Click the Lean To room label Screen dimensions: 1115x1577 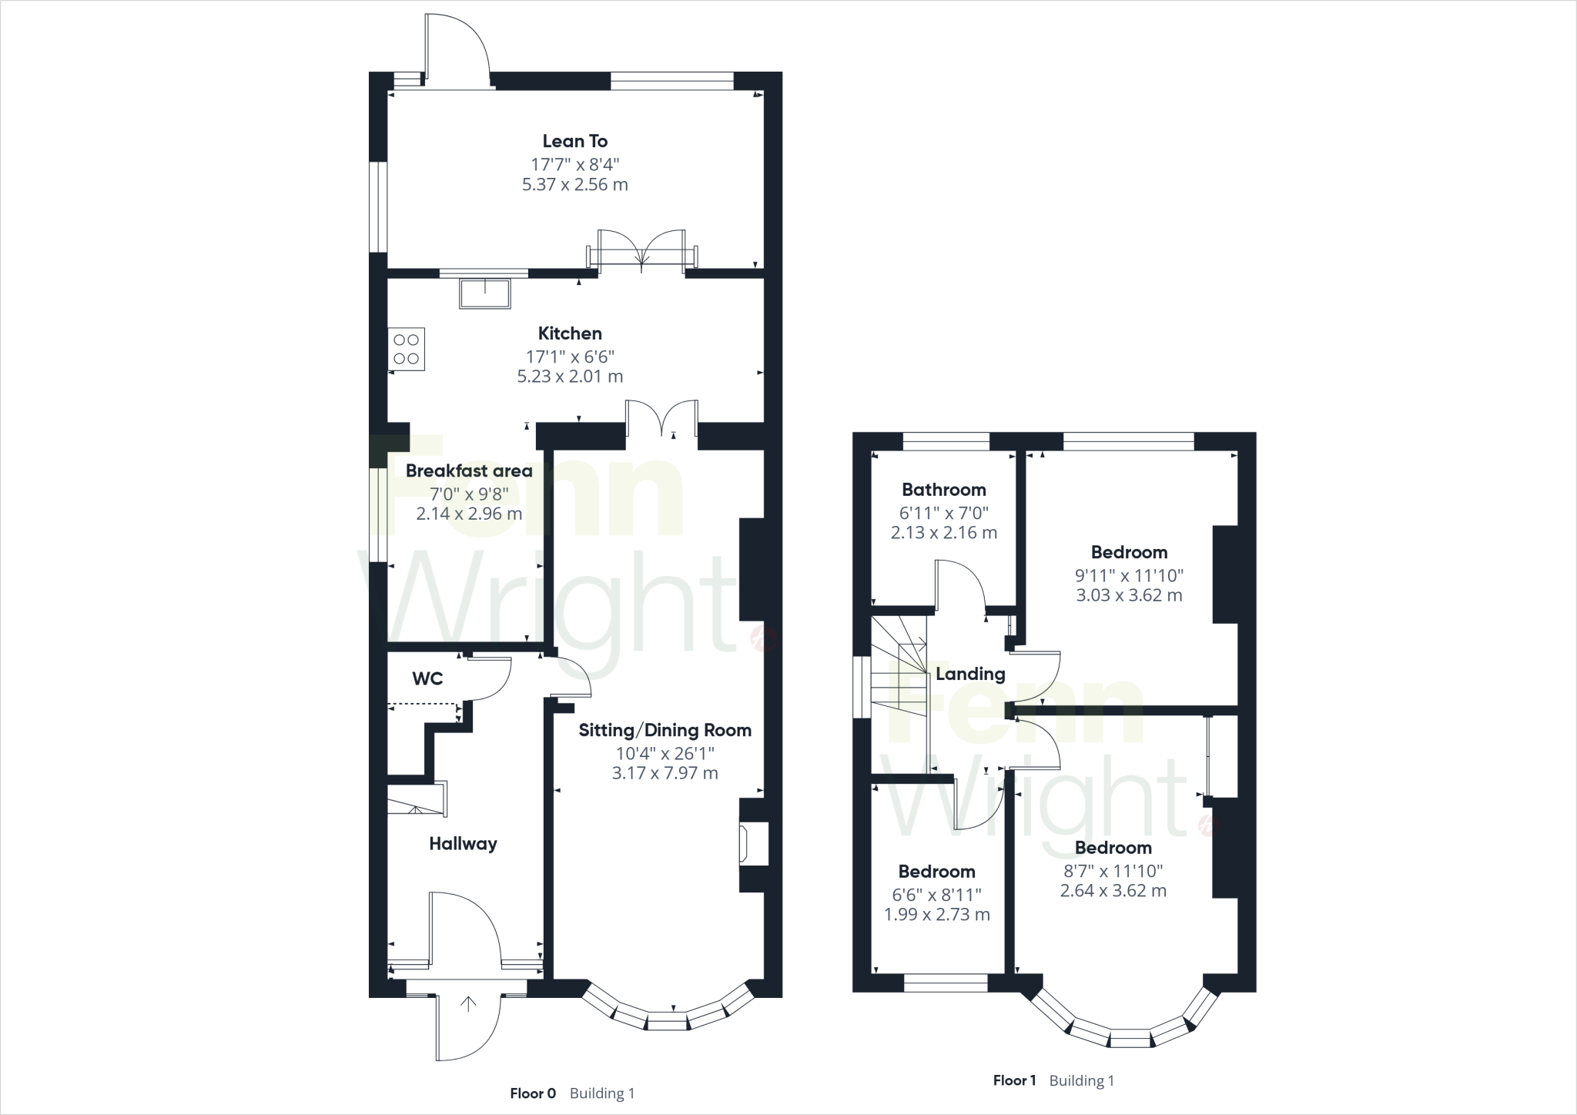coord(574,141)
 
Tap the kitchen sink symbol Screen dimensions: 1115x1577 coord(485,293)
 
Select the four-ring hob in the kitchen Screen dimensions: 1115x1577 coord(407,350)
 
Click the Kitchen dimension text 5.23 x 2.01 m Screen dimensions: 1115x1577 coord(570,377)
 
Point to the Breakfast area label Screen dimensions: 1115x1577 coord(469,470)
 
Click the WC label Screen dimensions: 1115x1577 coord(427,678)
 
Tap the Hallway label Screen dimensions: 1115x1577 coord(463,844)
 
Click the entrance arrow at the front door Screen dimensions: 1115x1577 coord(468,1004)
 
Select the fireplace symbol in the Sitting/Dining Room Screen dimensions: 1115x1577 coord(745,844)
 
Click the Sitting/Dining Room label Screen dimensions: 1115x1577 coord(665,730)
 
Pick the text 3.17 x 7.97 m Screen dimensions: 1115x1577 coord(665,773)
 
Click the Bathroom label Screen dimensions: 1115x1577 coord(943,490)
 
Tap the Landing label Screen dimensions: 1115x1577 coord(970,675)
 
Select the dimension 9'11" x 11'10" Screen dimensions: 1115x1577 coord(1129,574)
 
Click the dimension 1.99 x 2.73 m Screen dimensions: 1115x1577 coord(936,915)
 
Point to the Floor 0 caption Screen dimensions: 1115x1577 coord(532,1093)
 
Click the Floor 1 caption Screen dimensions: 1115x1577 coord(1014,1080)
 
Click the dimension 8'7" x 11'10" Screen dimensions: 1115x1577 coord(1113,870)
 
